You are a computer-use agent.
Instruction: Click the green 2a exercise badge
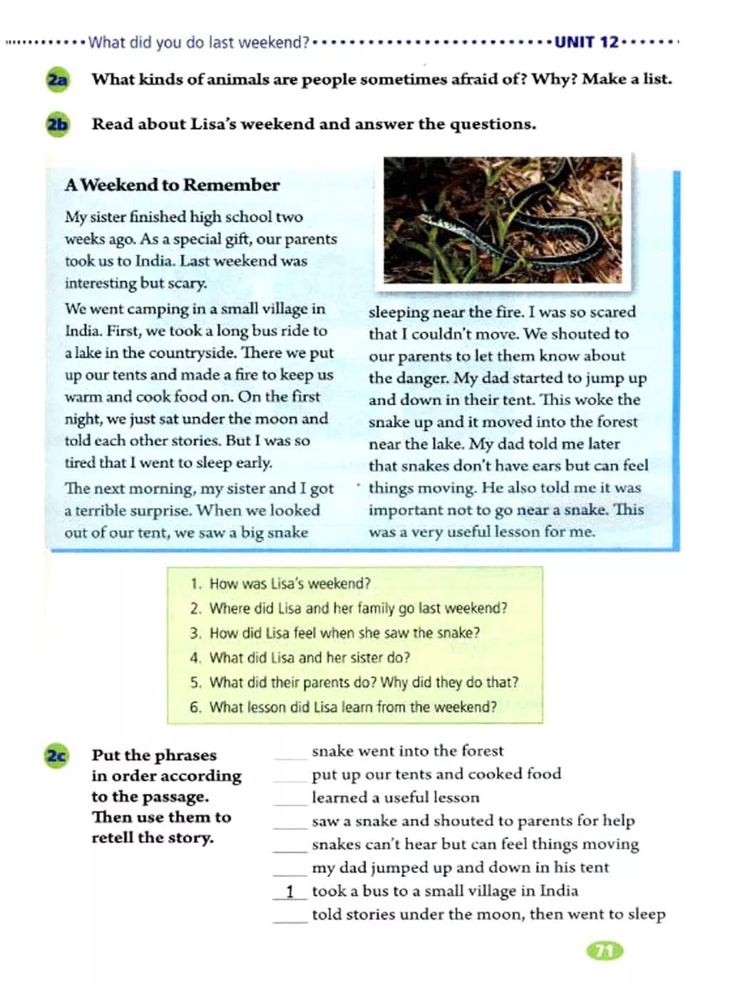(x=58, y=79)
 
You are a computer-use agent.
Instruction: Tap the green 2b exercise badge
(x=58, y=125)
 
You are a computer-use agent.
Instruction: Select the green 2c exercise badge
(x=56, y=755)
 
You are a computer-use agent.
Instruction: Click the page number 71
(x=604, y=950)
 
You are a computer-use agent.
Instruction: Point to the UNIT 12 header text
(x=586, y=42)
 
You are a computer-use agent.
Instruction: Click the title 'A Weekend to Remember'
(x=172, y=185)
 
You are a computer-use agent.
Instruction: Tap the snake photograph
(x=503, y=220)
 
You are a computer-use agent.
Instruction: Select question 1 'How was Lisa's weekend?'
(x=289, y=583)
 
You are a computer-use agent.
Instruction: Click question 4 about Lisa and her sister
(x=309, y=657)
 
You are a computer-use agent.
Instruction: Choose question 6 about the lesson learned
(x=353, y=707)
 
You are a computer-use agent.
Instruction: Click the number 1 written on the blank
(x=289, y=891)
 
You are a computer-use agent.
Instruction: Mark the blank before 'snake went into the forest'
(x=289, y=754)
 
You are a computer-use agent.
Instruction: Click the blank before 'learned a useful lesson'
(x=289, y=801)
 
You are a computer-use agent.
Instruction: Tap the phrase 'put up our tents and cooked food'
(x=436, y=774)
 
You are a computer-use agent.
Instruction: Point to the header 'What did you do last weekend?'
(x=199, y=42)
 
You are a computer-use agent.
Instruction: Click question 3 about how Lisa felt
(x=344, y=632)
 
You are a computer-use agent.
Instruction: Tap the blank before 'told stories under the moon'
(x=289, y=918)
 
